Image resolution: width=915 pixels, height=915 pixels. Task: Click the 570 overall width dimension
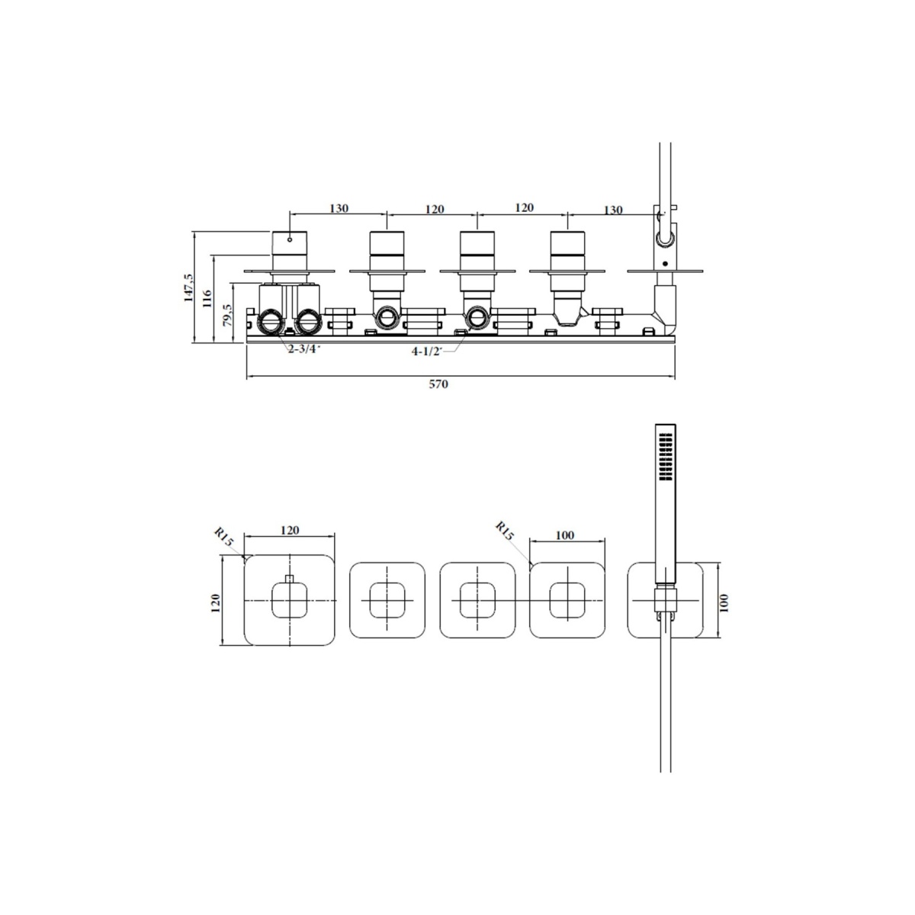[438, 384]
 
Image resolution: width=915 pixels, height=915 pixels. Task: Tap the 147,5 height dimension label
[189, 287]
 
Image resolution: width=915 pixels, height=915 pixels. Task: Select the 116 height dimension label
[207, 299]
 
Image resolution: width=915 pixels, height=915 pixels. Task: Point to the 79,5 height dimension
[227, 315]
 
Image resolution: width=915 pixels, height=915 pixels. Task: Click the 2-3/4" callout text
[304, 349]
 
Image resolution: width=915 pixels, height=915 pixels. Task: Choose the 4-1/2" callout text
[426, 352]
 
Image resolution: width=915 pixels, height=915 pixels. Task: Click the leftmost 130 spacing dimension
[339, 208]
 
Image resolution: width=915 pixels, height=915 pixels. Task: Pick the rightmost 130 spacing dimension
[613, 210]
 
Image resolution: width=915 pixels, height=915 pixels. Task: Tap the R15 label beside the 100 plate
[504, 531]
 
